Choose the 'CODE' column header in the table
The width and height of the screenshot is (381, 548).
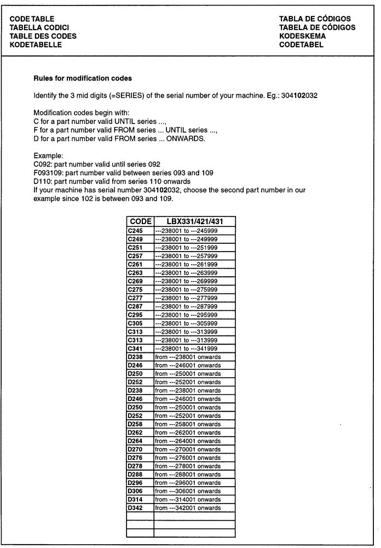[140, 221]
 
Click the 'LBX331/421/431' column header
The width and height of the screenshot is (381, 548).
[194, 221]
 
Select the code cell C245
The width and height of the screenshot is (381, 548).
[135, 231]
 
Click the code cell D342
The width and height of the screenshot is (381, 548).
[135, 508]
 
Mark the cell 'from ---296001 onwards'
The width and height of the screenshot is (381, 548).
[188, 483]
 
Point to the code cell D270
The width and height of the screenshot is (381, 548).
[135, 449]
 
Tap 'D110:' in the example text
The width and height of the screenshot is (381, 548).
[43, 181]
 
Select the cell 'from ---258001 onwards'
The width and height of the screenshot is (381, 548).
[188, 424]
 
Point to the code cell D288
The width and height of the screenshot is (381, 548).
[135, 475]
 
